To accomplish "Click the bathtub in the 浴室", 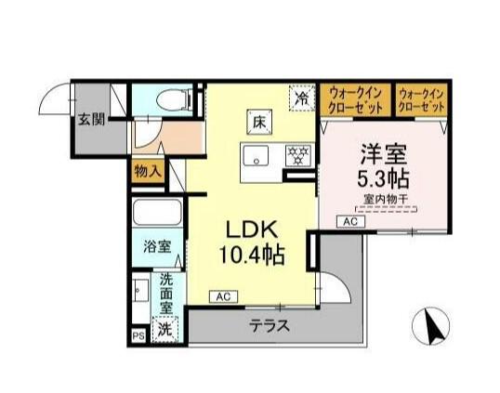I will tap(158, 213).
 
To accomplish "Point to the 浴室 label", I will tap(156, 246).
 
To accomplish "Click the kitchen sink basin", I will tap(255, 155).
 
